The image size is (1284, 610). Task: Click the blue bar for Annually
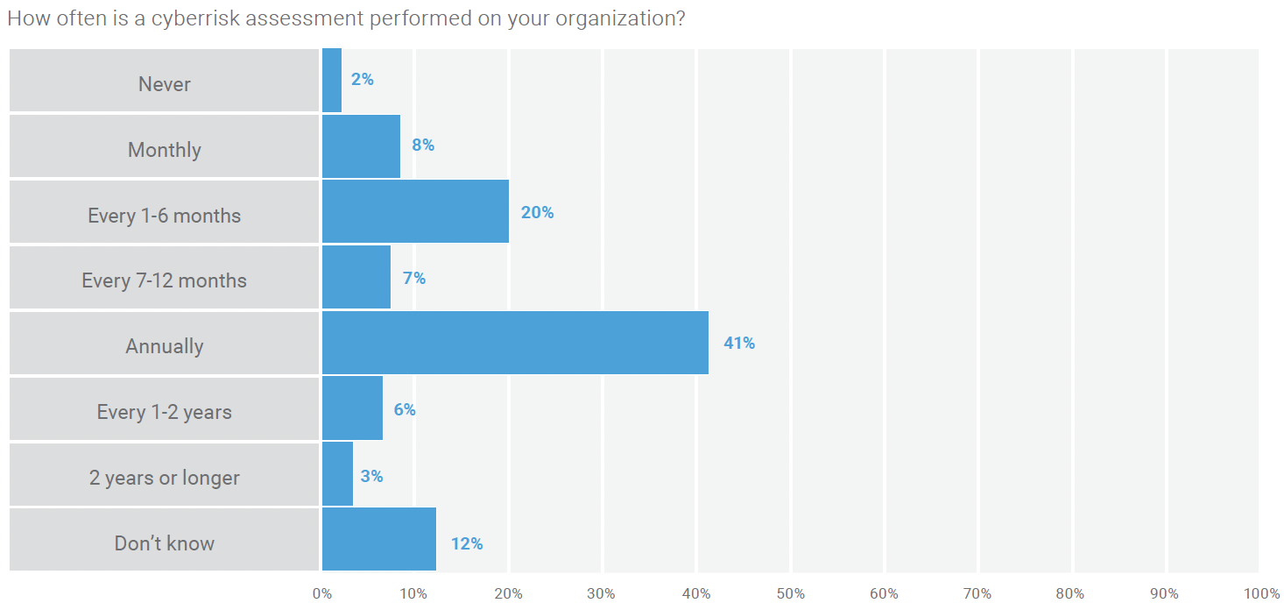coord(515,343)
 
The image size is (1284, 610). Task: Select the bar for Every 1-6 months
coord(415,211)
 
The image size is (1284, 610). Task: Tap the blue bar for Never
coord(332,80)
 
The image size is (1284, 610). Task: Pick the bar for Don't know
coord(379,540)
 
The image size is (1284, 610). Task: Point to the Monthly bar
coord(361,146)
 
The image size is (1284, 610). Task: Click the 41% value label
coord(738,344)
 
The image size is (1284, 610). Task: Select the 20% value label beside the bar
coord(537,212)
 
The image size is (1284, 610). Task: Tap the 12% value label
coord(467,543)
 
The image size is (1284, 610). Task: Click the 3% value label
coord(371,477)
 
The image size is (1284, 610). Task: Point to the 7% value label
coord(413,278)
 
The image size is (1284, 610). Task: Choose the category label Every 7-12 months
coord(165,280)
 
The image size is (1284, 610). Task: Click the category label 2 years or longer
coord(165,478)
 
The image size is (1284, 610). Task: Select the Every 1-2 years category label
coord(165,412)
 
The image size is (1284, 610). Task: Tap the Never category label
coord(165,84)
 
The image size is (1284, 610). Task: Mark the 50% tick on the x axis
coord(791,594)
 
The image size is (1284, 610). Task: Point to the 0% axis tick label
coord(322,594)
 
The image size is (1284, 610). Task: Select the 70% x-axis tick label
coord(977,594)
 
